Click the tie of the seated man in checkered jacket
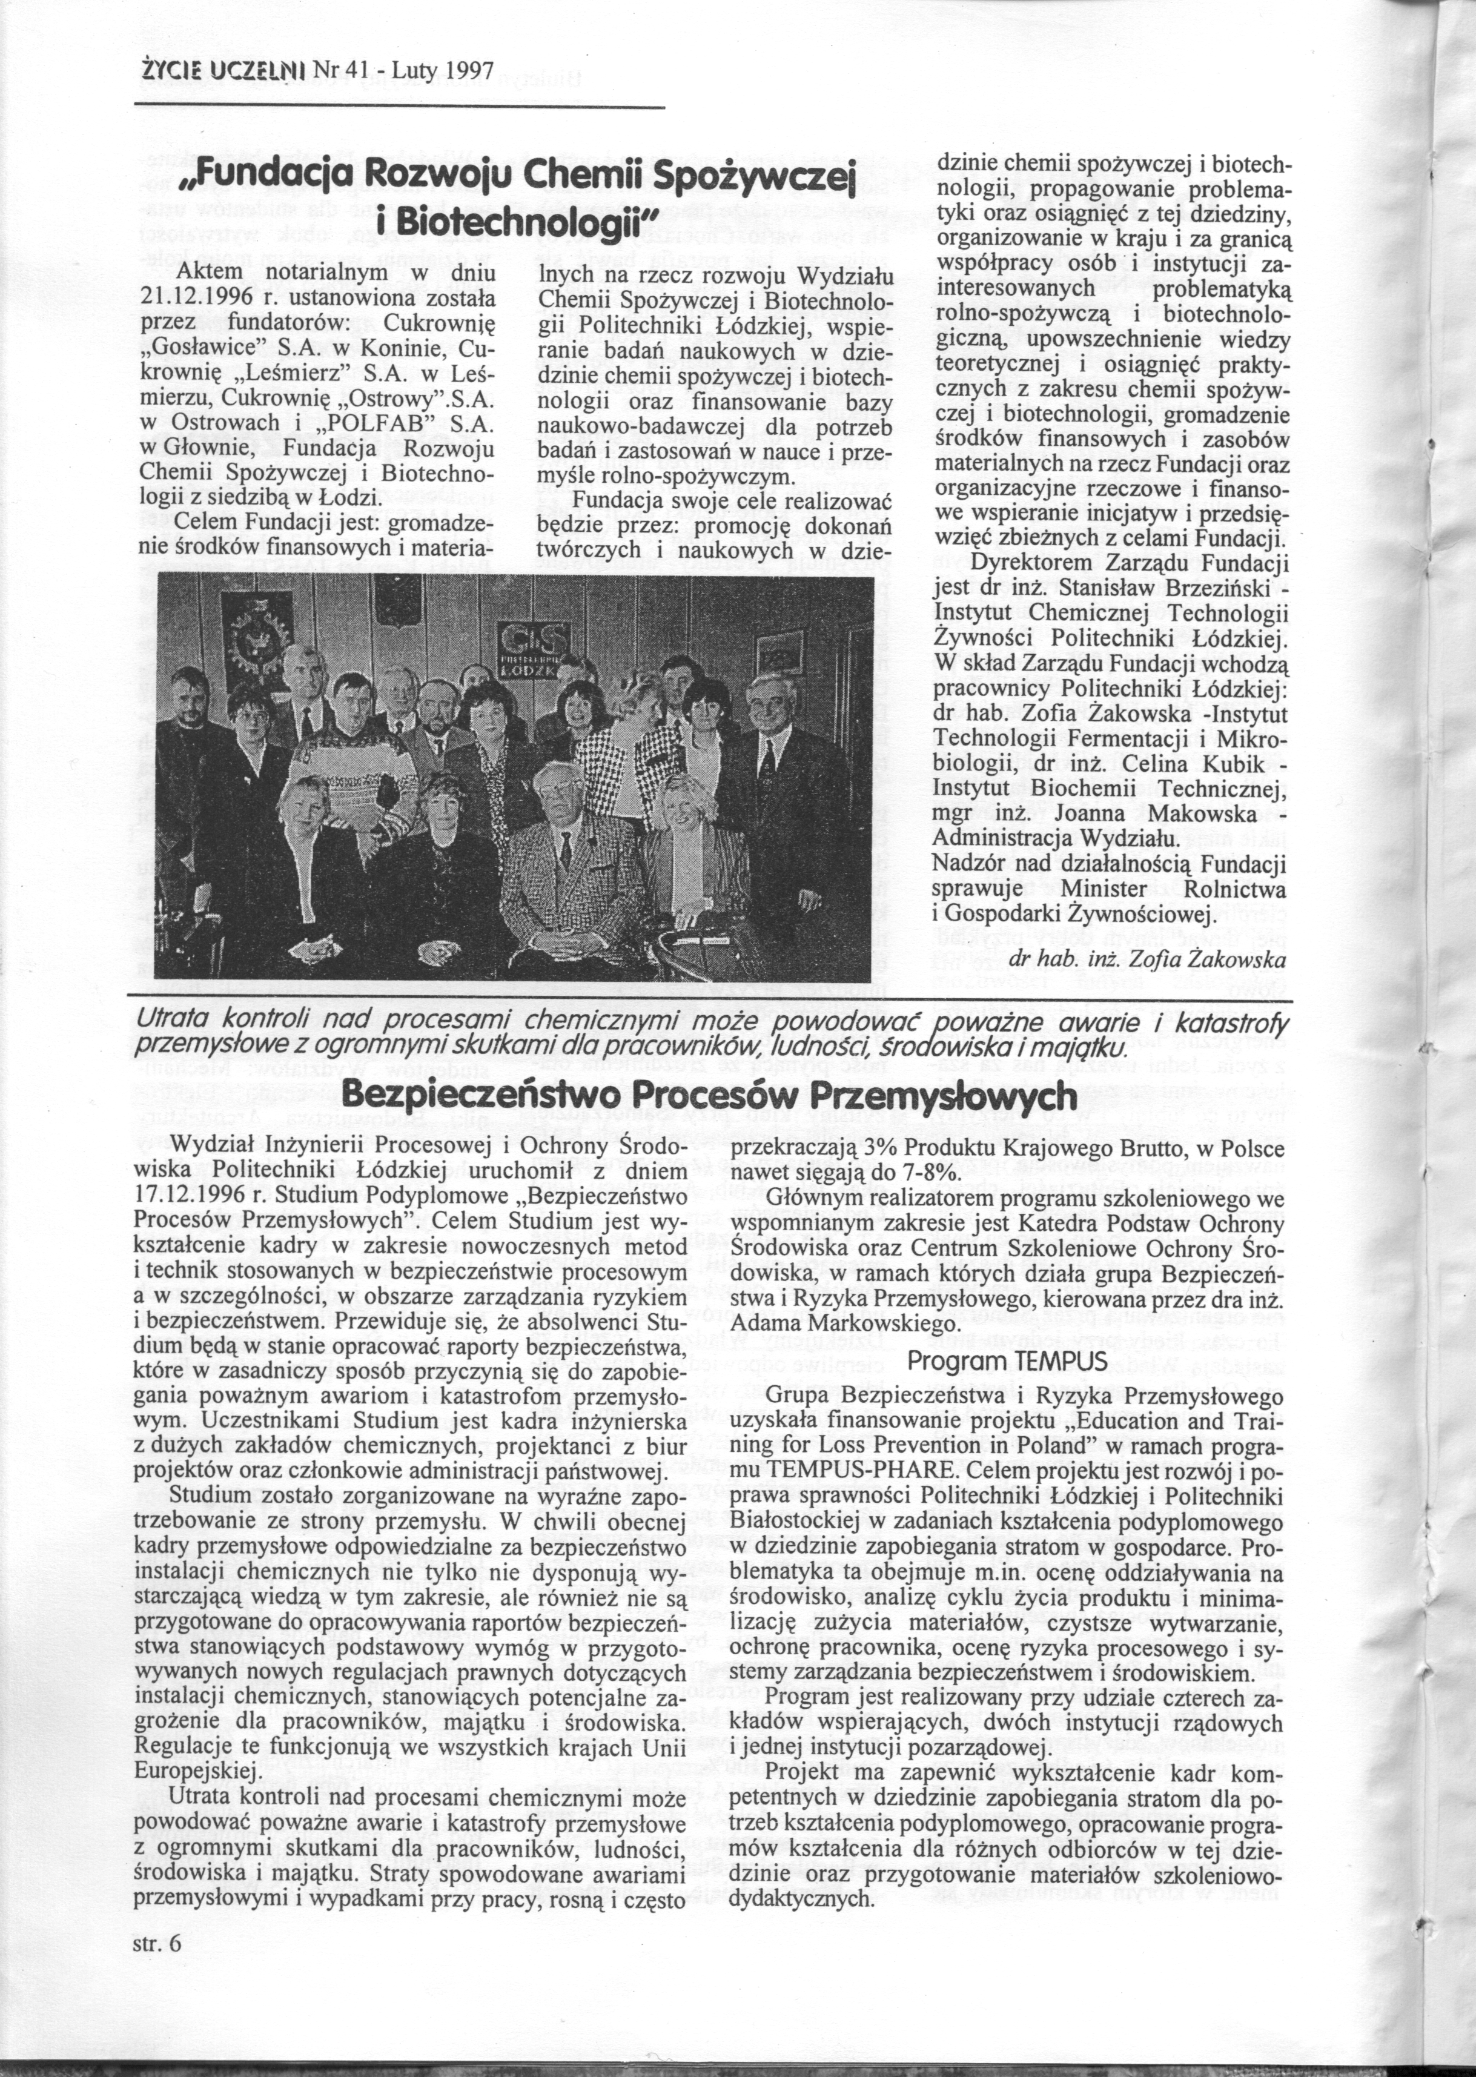[566, 853]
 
